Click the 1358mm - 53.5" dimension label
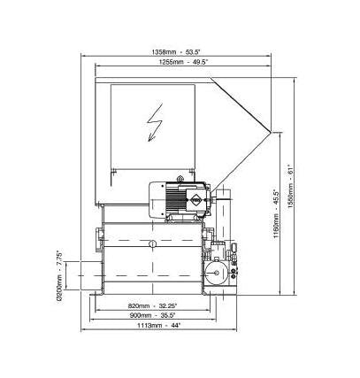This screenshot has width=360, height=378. point(176,52)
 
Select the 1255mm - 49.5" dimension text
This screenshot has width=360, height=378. point(183,62)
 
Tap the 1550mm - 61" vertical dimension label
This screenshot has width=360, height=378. point(291,186)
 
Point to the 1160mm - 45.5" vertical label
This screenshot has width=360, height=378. point(276,214)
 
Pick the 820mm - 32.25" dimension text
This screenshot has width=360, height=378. point(152,305)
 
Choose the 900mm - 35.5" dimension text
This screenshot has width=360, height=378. point(152,315)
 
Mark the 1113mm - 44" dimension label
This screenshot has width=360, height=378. point(159,326)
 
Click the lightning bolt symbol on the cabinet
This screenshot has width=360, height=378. point(155,122)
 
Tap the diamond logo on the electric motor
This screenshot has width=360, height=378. point(195,200)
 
